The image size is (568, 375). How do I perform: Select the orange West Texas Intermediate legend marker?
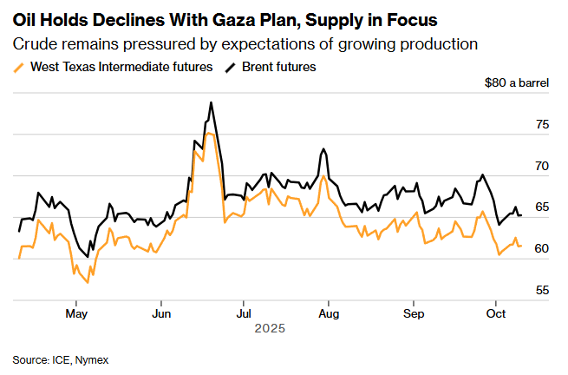click(x=20, y=67)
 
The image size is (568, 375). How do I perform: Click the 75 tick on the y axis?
click(x=543, y=125)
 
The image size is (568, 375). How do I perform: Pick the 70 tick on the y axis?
click(x=543, y=166)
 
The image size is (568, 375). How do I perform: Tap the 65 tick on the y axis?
click(x=543, y=207)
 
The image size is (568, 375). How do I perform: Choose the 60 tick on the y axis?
click(x=543, y=249)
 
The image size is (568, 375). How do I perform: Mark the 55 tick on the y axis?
click(x=543, y=290)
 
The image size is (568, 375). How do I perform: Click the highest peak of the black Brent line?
click(x=211, y=102)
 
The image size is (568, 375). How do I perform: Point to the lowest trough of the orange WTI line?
click(x=88, y=282)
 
